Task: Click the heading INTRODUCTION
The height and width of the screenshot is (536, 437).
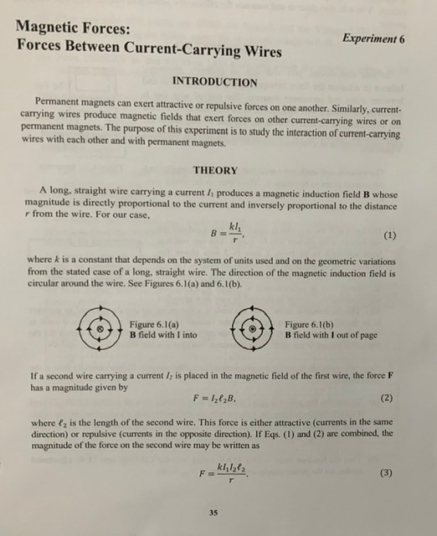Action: pyautogui.click(x=214, y=82)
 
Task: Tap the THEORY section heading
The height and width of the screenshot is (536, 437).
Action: pyautogui.click(x=215, y=170)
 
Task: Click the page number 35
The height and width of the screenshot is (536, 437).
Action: pyautogui.click(x=214, y=512)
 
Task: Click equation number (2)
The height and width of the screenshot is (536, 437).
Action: pyautogui.click(x=387, y=397)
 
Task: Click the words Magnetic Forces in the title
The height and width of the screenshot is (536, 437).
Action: pyautogui.click(x=73, y=27)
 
